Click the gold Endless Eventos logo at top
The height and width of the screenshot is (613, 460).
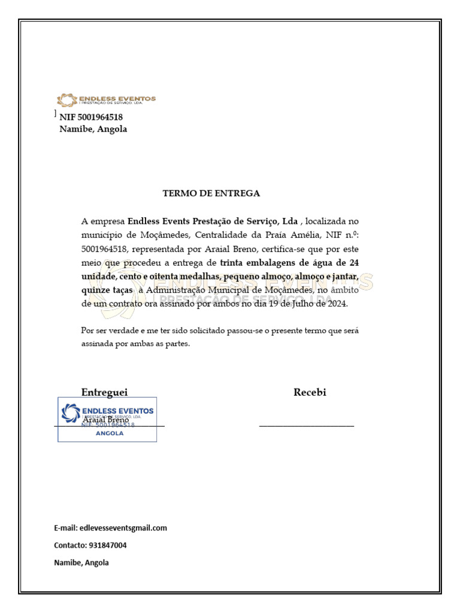pyautogui.click(x=106, y=100)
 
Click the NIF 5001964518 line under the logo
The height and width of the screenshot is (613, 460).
pyautogui.click(x=91, y=117)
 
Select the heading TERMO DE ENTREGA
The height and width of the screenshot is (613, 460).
pyautogui.click(x=211, y=193)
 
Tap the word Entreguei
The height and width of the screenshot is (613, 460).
pyautogui.click(x=104, y=392)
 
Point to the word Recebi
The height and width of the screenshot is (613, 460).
pyautogui.click(x=310, y=392)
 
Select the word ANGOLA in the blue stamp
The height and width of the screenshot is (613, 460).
pyautogui.click(x=110, y=433)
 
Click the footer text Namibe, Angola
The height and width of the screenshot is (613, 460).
pyautogui.click(x=81, y=563)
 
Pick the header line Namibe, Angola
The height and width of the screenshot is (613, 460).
pyautogui.click(x=93, y=129)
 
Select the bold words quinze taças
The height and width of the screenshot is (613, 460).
pyautogui.click(x=107, y=290)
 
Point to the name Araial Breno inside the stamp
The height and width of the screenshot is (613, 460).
pyautogui.click(x=105, y=420)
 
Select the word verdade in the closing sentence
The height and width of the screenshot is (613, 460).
pyautogui.click(x=117, y=330)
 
